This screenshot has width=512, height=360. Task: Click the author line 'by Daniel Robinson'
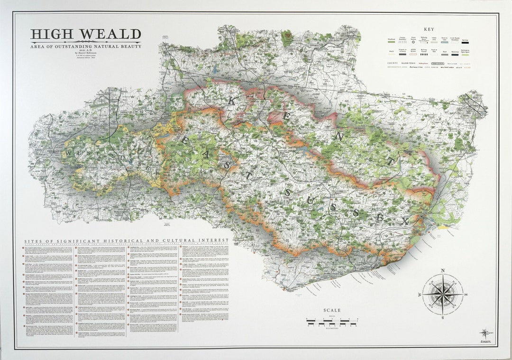[x=86, y=54]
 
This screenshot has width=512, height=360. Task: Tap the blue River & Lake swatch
[x=444, y=42]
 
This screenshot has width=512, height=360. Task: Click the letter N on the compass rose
[x=443, y=271]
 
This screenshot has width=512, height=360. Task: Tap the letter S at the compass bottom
[x=443, y=318]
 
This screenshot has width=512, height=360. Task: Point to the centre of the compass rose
[x=443, y=294]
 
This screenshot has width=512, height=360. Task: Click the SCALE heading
[x=332, y=311]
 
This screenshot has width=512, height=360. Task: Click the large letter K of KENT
[x=232, y=100]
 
